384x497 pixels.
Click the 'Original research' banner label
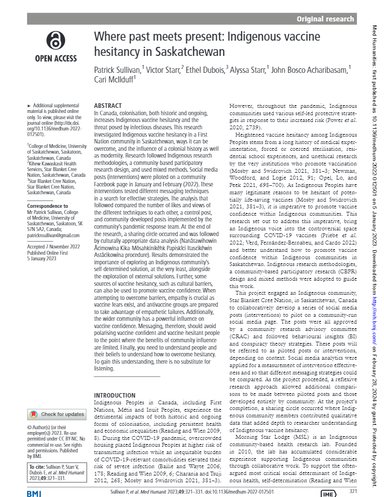coord(326,19)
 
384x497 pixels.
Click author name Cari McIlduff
coord(116,80)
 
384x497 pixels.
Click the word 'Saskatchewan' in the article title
coord(191,53)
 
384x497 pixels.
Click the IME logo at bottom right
coord(329,493)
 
